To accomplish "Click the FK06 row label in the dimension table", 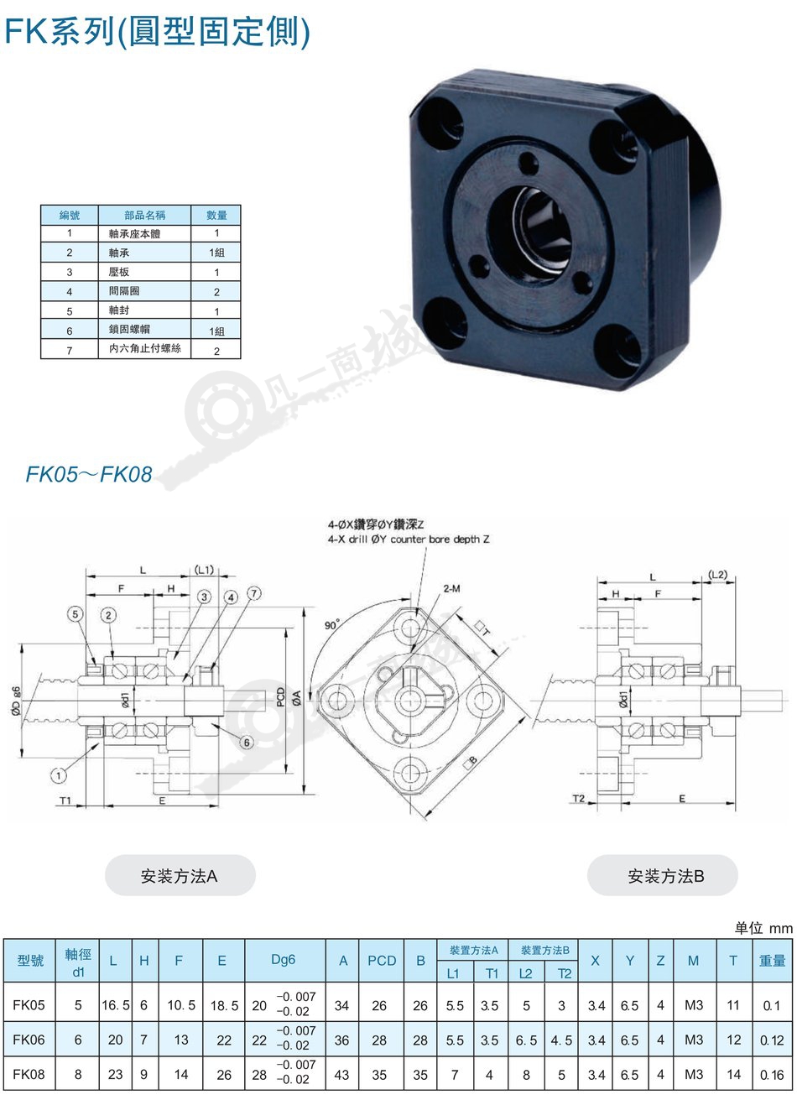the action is point(29,1040).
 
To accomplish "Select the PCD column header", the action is point(382,961).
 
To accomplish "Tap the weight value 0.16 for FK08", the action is point(772,1076).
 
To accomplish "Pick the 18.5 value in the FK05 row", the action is point(224,1006).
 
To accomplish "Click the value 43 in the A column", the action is point(341,1075).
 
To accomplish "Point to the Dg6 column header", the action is point(284,960).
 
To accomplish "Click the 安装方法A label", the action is point(180,876).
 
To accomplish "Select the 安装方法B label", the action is point(666,876).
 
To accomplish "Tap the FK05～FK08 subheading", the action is point(89,474).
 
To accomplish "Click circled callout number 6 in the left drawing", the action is point(247,742).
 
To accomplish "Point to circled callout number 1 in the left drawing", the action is point(59,776).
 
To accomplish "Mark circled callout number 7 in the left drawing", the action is point(254,594).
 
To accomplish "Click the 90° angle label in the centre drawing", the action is point(332,625).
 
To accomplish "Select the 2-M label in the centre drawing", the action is point(452,588).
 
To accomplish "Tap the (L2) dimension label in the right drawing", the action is point(718,574).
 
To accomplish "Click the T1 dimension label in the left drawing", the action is point(65,800).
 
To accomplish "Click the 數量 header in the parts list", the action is point(216,215).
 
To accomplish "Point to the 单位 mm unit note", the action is point(763,928).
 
